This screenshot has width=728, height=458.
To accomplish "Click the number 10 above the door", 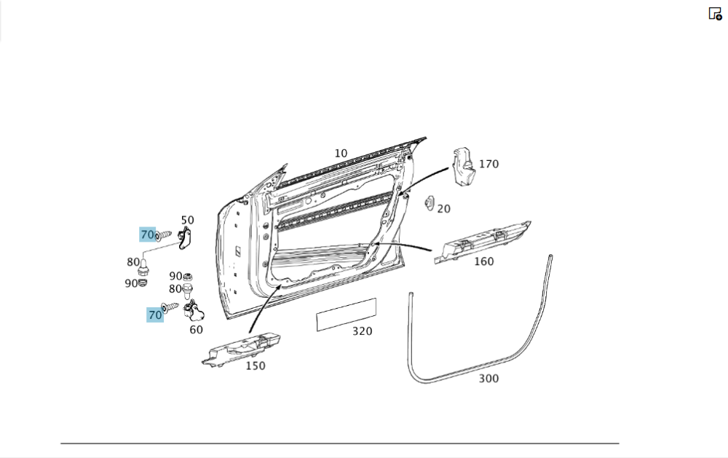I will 341,154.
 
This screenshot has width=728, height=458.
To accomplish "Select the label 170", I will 488,164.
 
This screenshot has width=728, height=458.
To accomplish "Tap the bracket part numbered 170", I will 462,165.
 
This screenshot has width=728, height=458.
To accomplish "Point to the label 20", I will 443,209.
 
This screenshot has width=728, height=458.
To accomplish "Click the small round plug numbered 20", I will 429,203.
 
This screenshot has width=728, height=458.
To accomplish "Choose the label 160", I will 483,261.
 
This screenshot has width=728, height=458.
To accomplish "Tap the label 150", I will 255,366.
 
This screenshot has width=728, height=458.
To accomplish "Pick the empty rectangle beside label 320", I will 346,314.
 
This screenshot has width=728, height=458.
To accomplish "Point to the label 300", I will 488,379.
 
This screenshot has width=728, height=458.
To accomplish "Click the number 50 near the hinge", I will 187,220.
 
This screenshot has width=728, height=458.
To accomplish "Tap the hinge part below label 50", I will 185,237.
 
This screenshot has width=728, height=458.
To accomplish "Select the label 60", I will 196,329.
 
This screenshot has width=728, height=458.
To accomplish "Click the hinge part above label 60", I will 195,312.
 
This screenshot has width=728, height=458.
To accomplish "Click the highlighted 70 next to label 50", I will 148,234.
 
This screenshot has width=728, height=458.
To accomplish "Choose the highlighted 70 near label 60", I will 155,315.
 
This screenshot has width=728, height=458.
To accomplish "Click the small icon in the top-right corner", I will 715,13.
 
